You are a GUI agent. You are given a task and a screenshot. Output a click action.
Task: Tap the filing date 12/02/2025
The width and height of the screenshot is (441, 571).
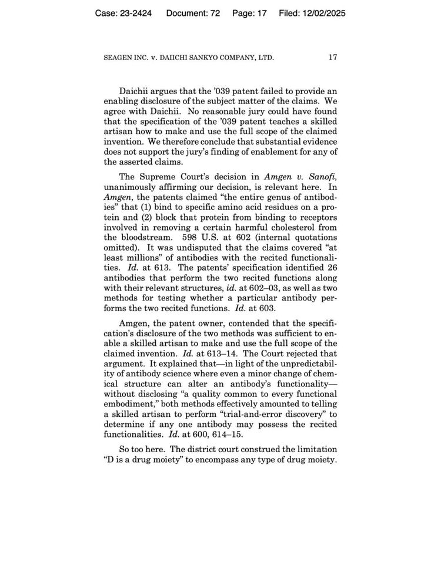click(320, 12)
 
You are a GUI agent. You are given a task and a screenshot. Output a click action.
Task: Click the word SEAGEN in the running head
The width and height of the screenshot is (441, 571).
click(118, 58)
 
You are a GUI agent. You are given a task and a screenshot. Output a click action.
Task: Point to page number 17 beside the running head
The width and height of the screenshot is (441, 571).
click(333, 58)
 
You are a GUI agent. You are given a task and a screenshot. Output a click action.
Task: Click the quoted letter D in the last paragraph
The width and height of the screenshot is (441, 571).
click(109, 459)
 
